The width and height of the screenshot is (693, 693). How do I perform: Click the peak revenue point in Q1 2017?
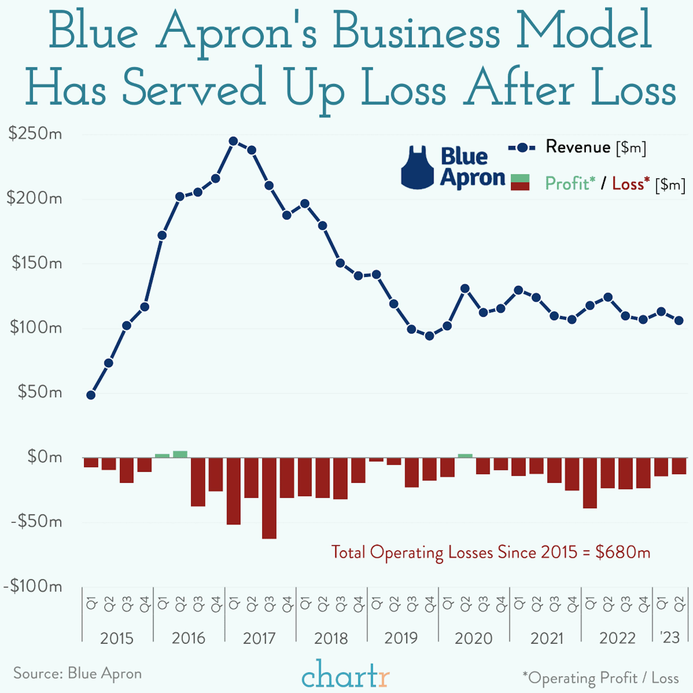click(x=233, y=141)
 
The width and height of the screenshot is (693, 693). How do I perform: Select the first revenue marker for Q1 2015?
click(x=91, y=395)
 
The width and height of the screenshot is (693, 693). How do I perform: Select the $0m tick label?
click(x=44, y=457)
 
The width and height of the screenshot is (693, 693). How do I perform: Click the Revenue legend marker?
click(x=522, y=147)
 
